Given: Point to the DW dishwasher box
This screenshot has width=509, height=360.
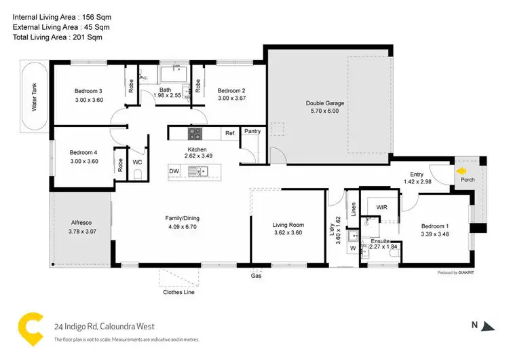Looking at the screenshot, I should pyautogui.click(x=174, y=171).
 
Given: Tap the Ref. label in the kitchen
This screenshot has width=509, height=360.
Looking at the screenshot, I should pyautogui.click(x=230, y=134).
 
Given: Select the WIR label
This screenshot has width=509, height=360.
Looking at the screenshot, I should pyautogui.click(x=381, y=206).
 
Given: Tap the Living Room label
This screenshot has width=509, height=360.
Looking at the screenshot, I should pyautogui.click(x=288, y=225).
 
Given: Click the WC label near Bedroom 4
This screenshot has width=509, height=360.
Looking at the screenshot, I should pyautogui.click(x=136, y=162).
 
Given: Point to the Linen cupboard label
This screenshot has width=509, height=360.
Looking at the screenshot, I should pyautogui.click(x=353, y=209).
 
